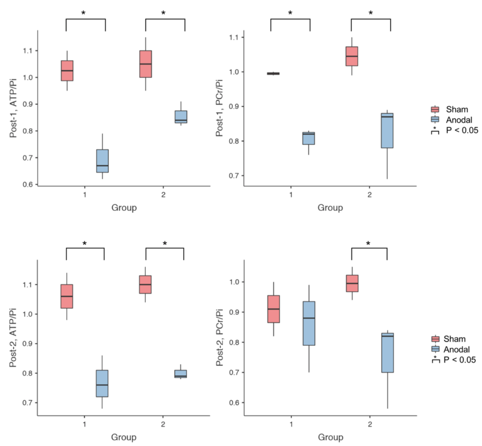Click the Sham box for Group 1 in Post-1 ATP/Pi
point(67,71)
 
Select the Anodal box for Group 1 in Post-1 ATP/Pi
point(102,161)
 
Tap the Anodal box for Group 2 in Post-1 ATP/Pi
point(181,117)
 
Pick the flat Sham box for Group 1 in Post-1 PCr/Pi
point(273,74)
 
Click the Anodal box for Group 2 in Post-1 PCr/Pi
point(387,131)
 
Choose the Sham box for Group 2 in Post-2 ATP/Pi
point(145,284)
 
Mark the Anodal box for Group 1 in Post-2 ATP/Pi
point(102,383)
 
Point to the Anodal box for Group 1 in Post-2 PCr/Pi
point(309,323)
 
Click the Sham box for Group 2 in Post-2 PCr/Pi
point(352,283)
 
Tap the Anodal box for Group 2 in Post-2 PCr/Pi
point(388,353)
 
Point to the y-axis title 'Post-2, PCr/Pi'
point(219,338)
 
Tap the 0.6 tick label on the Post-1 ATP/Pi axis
point(28,184)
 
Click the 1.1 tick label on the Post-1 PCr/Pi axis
point(234,38)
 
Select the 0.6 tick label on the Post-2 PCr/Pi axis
point(235,403)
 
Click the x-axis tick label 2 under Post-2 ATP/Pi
point(163,424)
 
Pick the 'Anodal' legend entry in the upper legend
point(459,120)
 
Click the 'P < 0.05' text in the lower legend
point(460,360)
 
